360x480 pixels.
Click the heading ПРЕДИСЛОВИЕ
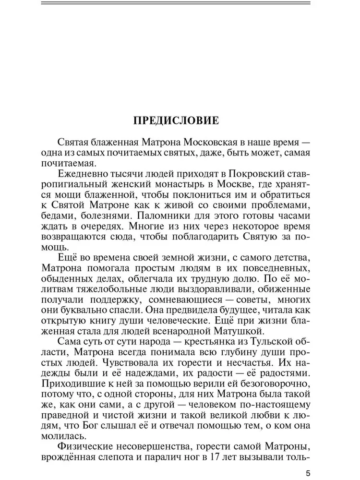(x=176, y=120)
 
